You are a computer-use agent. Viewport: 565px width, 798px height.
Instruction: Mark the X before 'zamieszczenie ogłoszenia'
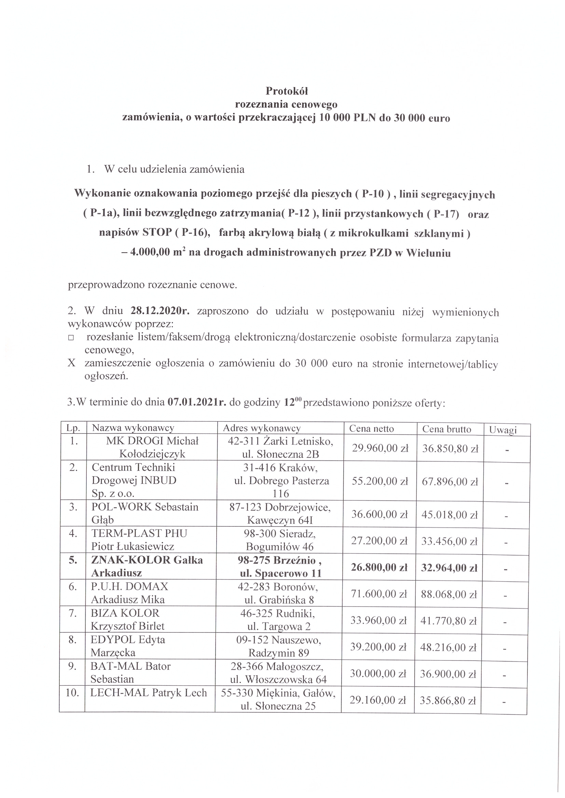[x=71, y=363]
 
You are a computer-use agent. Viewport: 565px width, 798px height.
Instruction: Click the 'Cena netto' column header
[x=371, y=429]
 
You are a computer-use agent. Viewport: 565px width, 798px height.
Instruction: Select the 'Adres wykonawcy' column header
[x=262, y=428]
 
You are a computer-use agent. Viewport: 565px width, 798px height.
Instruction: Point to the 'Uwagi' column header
[x=503, y=430]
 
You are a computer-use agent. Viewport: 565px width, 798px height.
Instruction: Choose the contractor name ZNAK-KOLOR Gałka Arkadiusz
[x=147, y=566]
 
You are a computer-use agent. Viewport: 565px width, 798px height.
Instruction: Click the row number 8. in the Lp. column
[x=73, y=640]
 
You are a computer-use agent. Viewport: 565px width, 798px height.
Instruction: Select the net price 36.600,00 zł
[x=379, y=514]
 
